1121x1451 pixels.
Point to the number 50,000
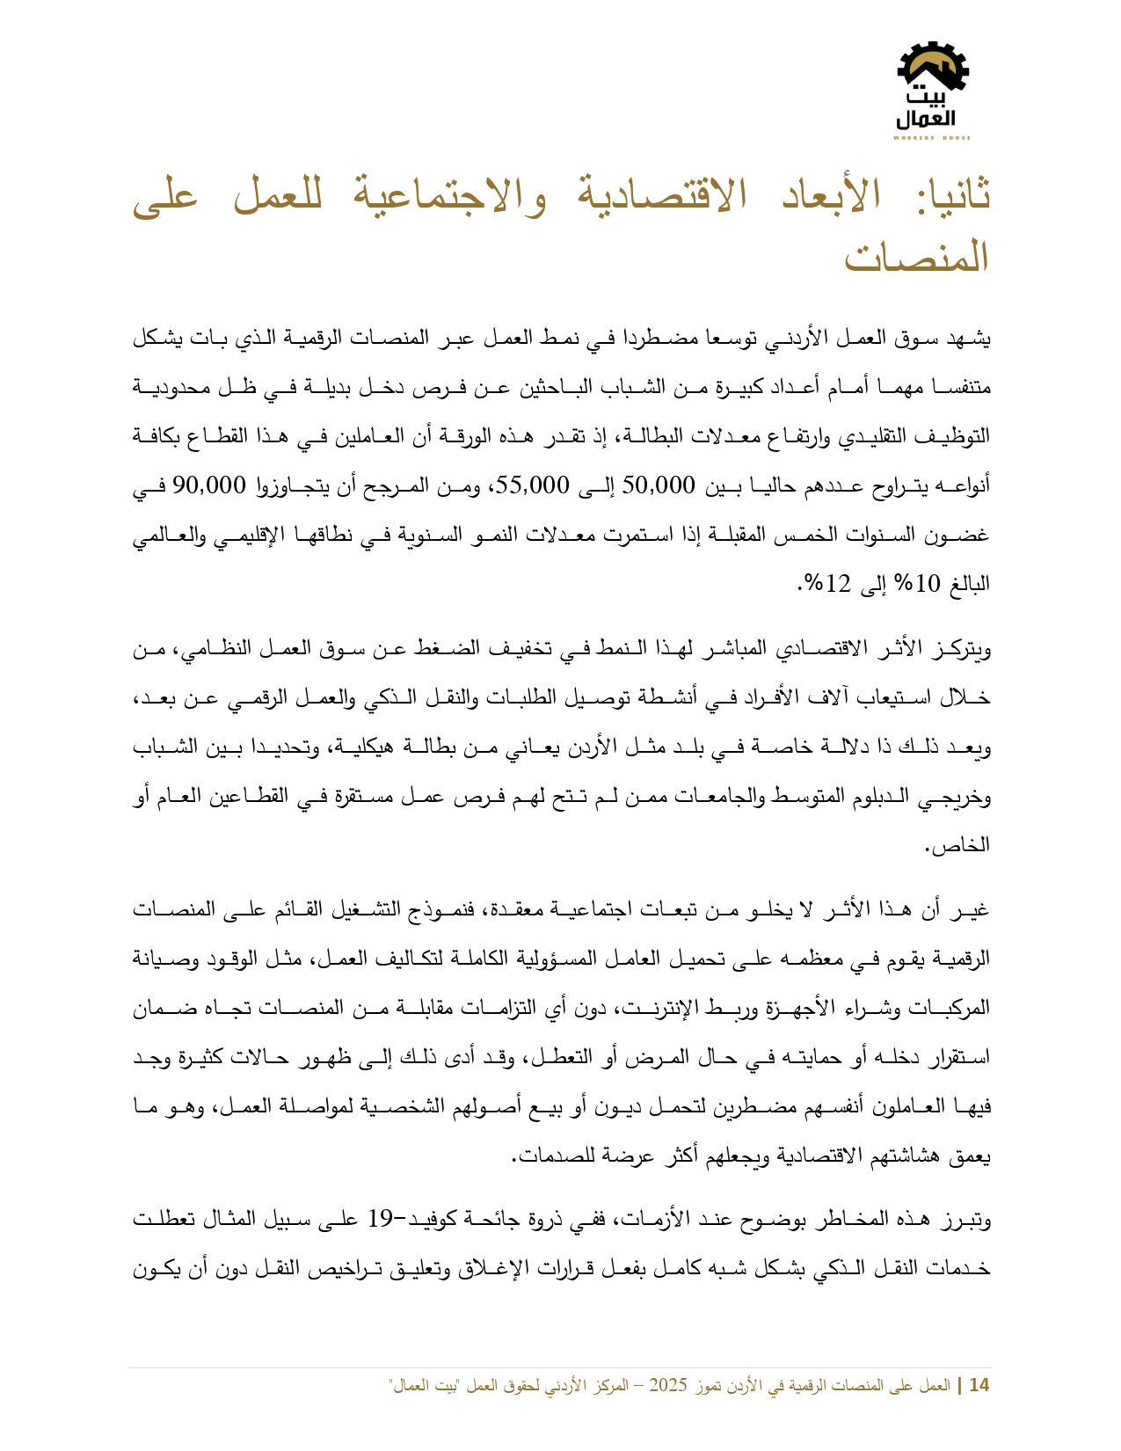(659, 485)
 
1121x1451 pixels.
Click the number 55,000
(535, 485)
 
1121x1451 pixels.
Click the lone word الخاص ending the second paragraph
(967, 846)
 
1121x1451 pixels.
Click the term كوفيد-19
(413, 1220)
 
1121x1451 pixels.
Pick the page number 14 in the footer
(979, 1386)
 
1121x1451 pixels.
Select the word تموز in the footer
(710, 1386)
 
